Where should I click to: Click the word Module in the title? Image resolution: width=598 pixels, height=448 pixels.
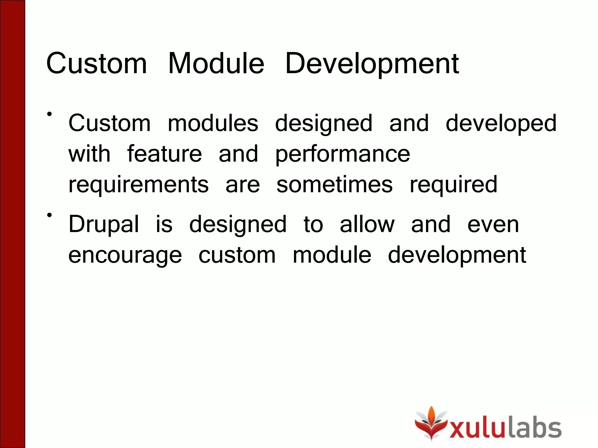tap(216, 63)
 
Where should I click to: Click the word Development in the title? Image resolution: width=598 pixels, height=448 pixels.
tap(372, 63)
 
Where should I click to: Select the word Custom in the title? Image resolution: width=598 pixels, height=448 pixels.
tap(96, 63)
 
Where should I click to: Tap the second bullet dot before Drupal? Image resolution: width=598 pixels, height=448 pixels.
tap(50, 215)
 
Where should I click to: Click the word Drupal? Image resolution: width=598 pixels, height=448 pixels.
tap(104, 225)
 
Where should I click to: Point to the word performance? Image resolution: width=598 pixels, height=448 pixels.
tap(343, 155)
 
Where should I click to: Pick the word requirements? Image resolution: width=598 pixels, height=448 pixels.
tap(138, 185)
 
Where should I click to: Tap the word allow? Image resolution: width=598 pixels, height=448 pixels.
tap(367, 225)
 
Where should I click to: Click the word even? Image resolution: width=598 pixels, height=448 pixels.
tap(493, 225)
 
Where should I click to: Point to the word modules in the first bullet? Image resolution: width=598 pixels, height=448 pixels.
tap(213, 123)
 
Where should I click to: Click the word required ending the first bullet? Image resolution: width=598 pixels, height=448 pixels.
tap(453, 185)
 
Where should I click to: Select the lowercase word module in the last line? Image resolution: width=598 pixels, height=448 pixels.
tap(332, 255)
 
